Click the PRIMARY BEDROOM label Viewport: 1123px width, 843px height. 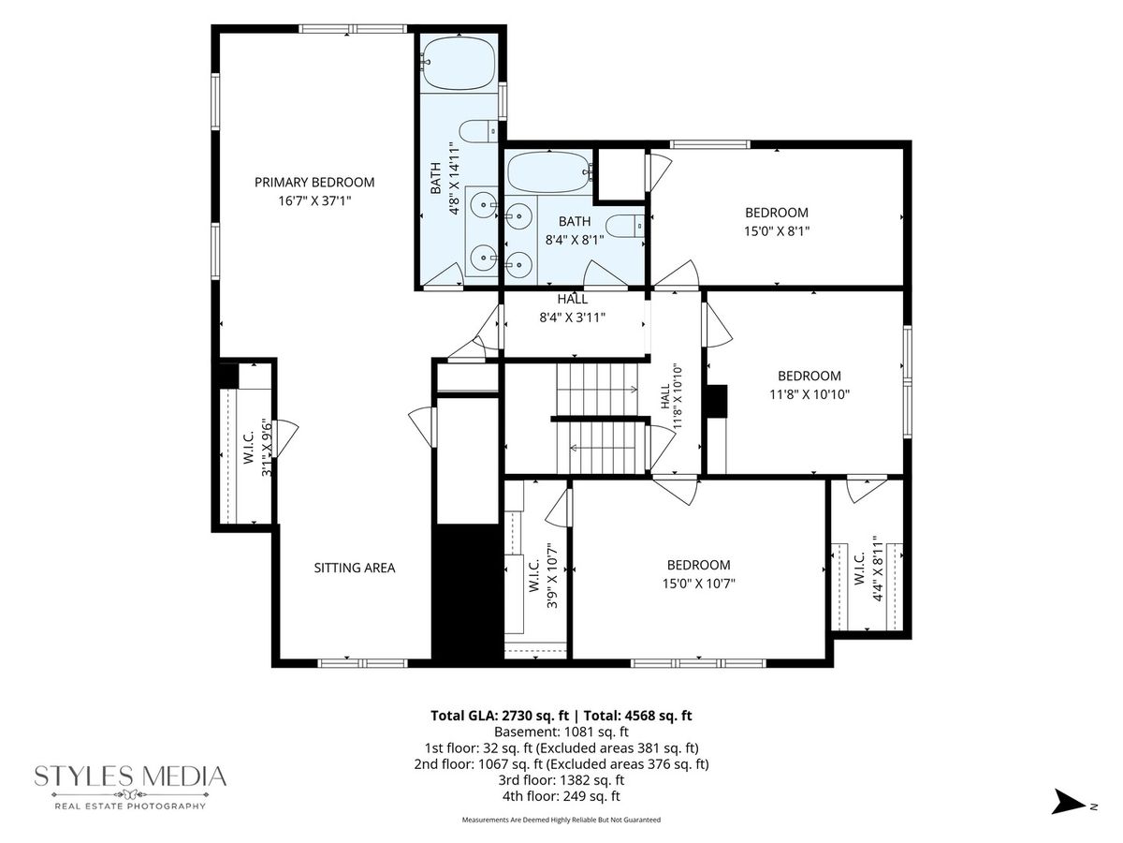click(x=314, y=183)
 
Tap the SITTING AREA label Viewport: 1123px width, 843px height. click(x=354, y=568)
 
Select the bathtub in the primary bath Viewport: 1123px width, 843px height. click(x=459, y=63)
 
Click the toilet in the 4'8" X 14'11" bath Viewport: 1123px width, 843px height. click(x=478, y=131)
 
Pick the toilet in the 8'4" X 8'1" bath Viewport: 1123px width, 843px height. click(x=625, y=227)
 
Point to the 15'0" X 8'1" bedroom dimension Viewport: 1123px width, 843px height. click(x=776, y=231)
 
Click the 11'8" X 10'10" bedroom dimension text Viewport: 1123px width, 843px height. click(x=809, y=394)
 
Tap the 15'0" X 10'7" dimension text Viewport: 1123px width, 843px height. click(x=698, y=584)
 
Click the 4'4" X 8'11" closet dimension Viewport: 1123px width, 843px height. click(x=878, y=569)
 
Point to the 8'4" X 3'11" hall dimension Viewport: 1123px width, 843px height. click(x=572, y=318)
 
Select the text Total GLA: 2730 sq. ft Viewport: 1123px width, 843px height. click(x=500, y=716)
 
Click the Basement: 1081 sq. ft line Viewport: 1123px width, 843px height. click(x=561, y=732)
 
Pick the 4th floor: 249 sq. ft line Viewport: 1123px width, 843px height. click(x=561, y=796)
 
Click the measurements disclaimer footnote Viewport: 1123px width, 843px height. click(x=561, y=820)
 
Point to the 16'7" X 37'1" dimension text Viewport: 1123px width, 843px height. click(x=314, y=201)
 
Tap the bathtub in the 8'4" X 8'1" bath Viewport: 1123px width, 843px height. click(x=549, y=172)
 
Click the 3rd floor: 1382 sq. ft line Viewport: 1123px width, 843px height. click(x=561, y=780)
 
